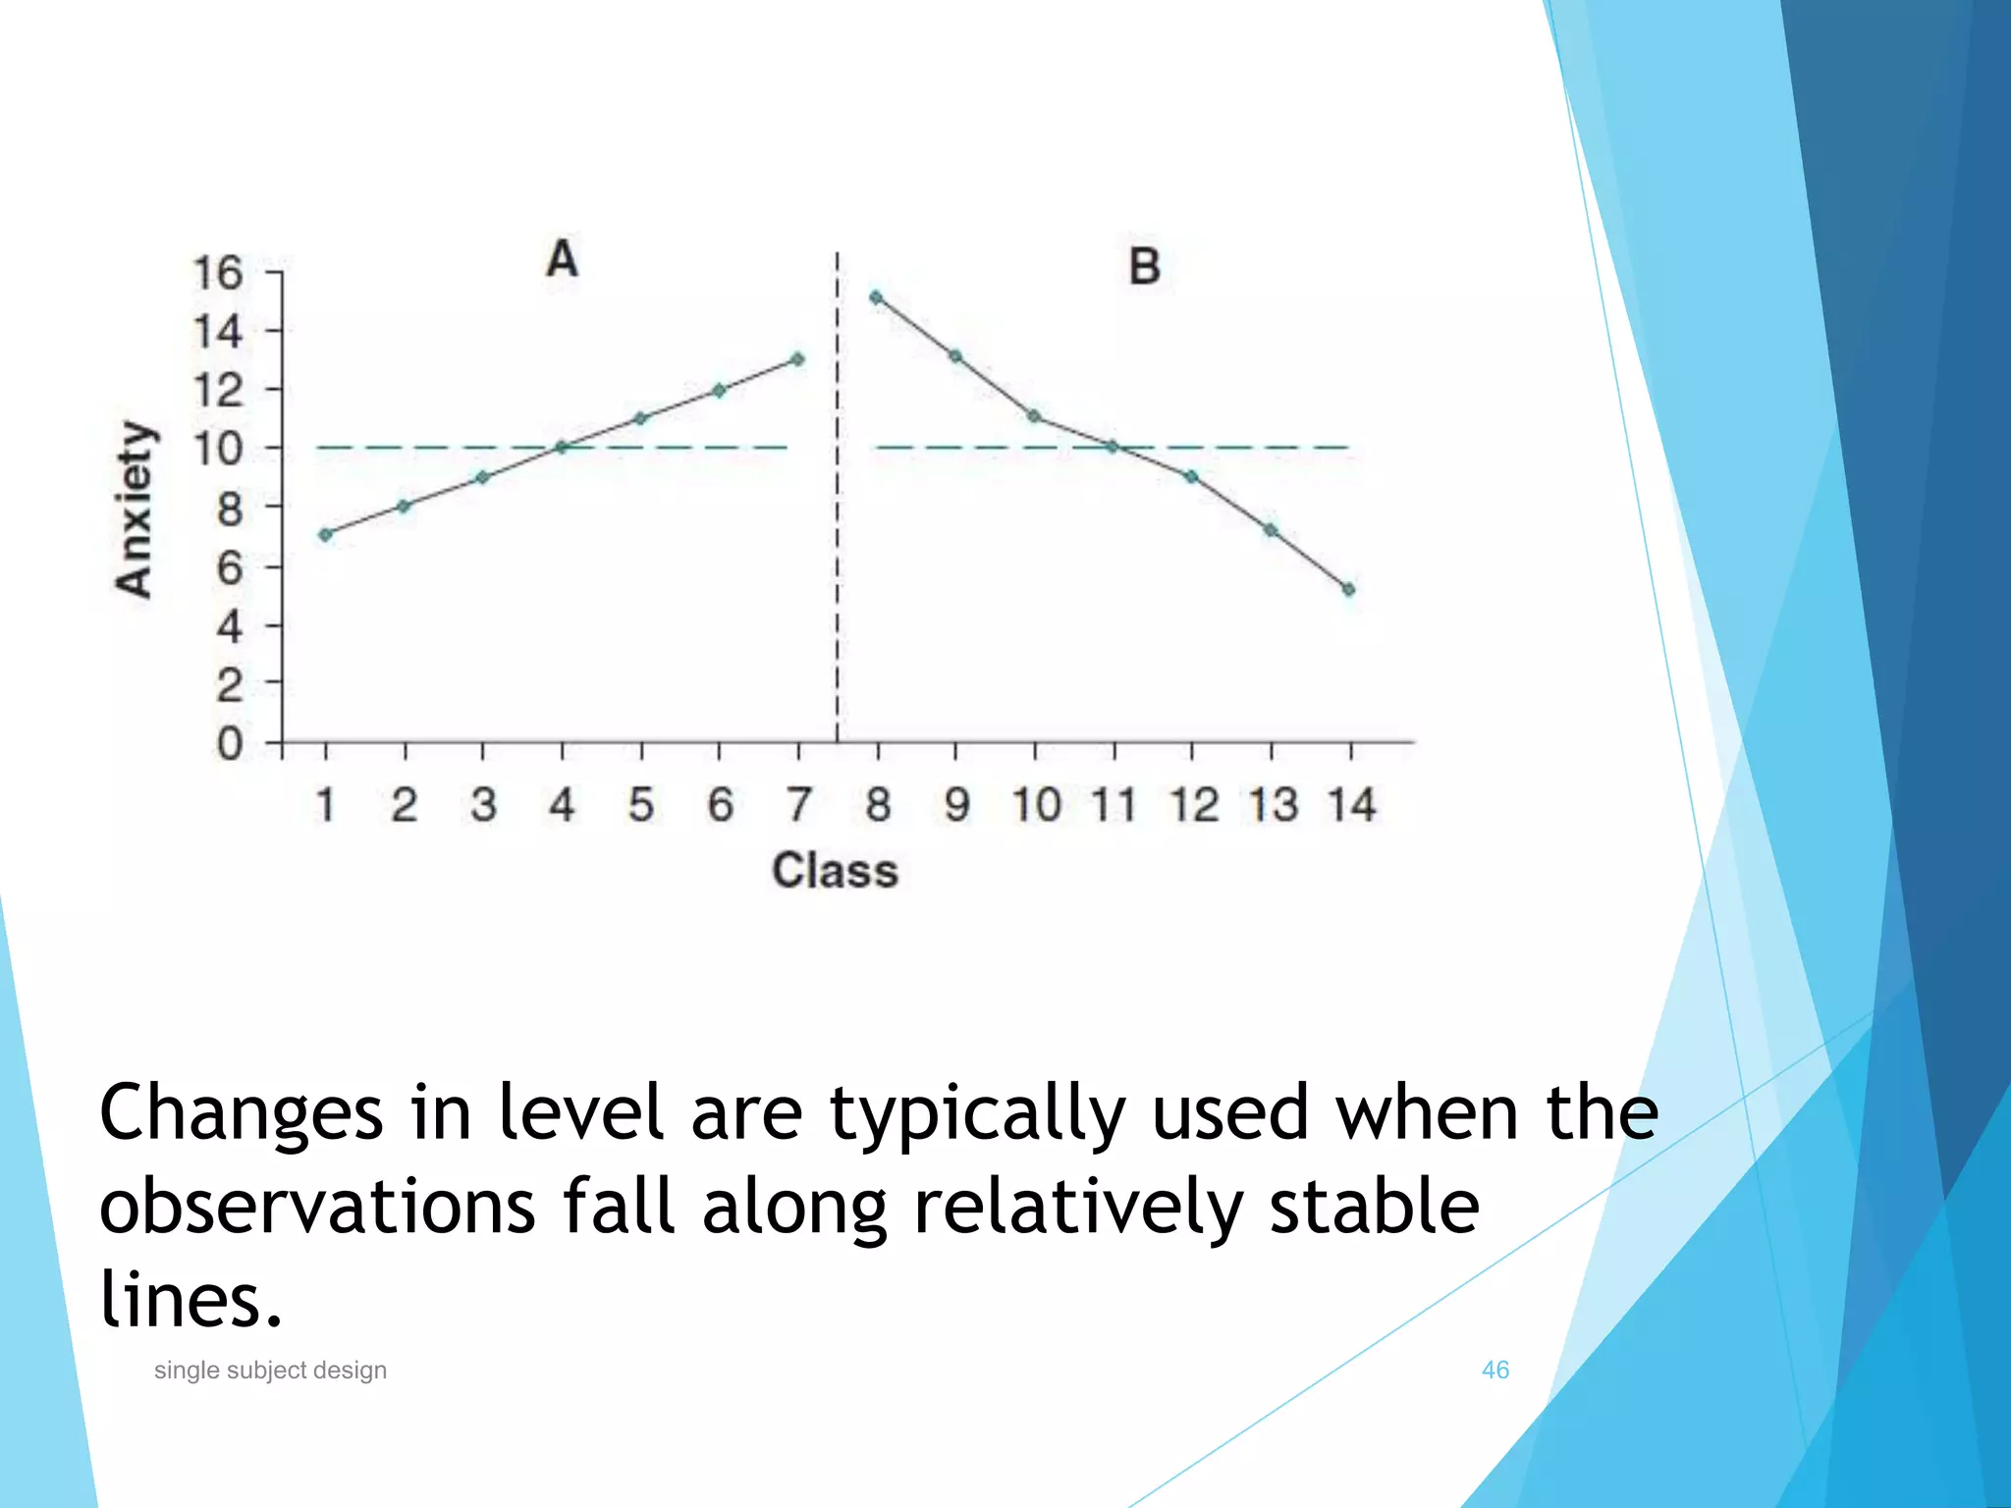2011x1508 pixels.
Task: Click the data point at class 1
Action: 326,535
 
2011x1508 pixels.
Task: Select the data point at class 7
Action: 797,359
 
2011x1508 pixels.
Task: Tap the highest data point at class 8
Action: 876,297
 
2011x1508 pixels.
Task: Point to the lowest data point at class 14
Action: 1349,590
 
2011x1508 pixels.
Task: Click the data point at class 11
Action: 1113,447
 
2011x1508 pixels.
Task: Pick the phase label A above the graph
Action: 562,260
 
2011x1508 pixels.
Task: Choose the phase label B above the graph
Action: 1144,267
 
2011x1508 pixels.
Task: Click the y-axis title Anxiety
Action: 135,509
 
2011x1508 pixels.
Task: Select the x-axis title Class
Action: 835,871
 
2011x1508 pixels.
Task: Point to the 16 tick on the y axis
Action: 217,273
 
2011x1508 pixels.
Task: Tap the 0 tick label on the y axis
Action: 229,744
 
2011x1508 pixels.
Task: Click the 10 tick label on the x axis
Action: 1037,805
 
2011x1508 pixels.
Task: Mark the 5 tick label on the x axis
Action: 641,805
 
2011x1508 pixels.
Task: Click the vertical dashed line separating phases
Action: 838,589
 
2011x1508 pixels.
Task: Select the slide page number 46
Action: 1495,1370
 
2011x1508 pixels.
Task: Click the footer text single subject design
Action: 270,1370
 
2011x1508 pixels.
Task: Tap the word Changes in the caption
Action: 242,1114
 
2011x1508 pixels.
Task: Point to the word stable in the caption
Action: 1374,1207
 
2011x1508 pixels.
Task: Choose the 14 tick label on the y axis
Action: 217,332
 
